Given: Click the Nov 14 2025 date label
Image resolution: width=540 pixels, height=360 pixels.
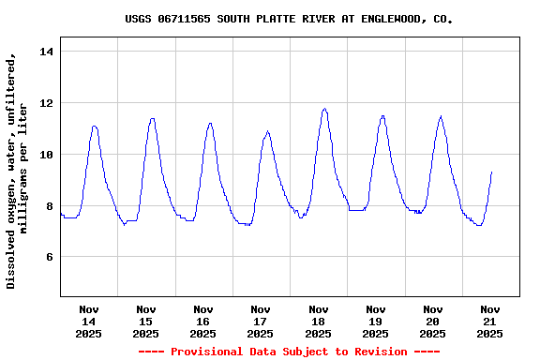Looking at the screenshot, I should tap(89, 321).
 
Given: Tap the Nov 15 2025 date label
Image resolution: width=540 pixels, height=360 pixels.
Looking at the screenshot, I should tap(146, 321).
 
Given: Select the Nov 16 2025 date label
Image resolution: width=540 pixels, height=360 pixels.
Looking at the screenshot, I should tap(203, 321).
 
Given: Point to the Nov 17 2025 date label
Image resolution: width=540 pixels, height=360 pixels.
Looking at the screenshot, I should tap(261, 321).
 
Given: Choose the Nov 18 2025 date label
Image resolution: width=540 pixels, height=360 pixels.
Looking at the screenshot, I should tap(318, 321).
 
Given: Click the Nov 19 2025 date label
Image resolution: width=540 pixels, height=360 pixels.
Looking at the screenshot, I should tap(375, 321).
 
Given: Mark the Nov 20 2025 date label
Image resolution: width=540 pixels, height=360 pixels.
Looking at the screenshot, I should tap(432, 321).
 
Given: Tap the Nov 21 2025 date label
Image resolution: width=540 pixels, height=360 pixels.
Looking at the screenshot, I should tap(489, 321).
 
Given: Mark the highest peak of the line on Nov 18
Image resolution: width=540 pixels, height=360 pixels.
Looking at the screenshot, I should tap(324, 109).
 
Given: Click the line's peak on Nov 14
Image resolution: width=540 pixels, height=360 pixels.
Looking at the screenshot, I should tap(95, 126).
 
